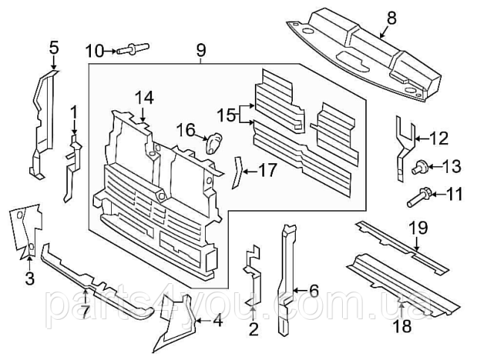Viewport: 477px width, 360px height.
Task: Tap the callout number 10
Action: coord(94,51)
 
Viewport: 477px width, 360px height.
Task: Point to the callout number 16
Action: coord(185,131)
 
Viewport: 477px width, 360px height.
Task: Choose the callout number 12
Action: coord(440,137)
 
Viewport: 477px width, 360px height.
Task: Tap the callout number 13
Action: coord(453,165)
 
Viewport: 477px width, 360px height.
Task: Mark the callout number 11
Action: coord(454,195)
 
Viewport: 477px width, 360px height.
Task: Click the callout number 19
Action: coord(417,227)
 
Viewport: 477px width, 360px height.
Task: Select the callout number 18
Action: coord(402,326)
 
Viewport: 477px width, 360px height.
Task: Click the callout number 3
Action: coord(30,280)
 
